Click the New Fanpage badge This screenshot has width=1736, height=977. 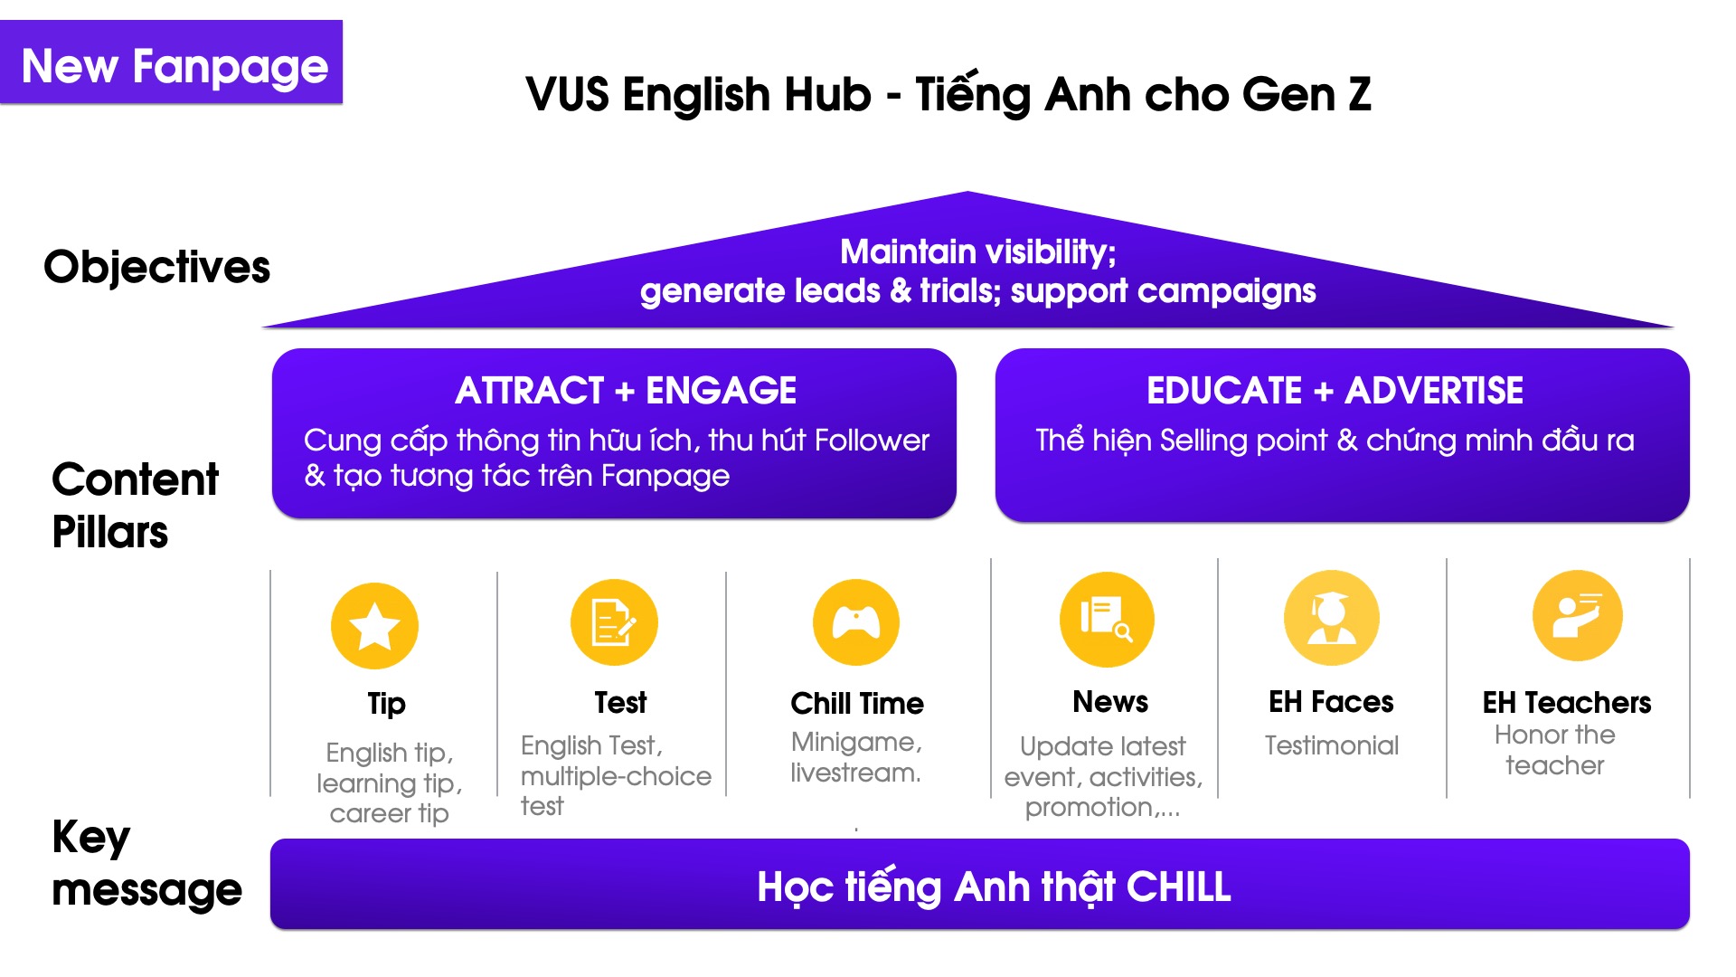[x=171, y=62]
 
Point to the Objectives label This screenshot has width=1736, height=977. [x=156, y=268]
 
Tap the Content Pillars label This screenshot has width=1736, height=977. [x=135, y=505]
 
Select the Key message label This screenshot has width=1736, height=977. [x=146, y=863]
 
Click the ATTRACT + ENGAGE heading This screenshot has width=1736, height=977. [x=626, y=391]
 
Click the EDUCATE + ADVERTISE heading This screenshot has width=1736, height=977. [x=1335, y=391]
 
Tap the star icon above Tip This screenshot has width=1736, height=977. [x=374, y=626]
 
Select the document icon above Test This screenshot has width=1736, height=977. [x=614, y=622]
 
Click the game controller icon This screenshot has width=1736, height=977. [x=856, y=622]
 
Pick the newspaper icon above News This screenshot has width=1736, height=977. [x=1107, y=619]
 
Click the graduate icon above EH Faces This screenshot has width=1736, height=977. [x=1332, y=618]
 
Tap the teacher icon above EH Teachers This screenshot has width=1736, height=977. [x=1578, y=616]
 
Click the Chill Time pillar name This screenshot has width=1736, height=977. [x=857, y=703]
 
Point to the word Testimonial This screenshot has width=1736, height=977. [x=1332, y=745]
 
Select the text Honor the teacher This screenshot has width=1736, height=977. [x=1555, y=750]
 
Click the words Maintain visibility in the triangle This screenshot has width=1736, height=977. [x=977, y=251]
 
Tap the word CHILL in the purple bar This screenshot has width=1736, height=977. [x=1179, y=887]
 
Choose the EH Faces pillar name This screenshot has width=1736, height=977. [x=1331, y=702]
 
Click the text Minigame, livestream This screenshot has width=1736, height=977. [x=856, y=757]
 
